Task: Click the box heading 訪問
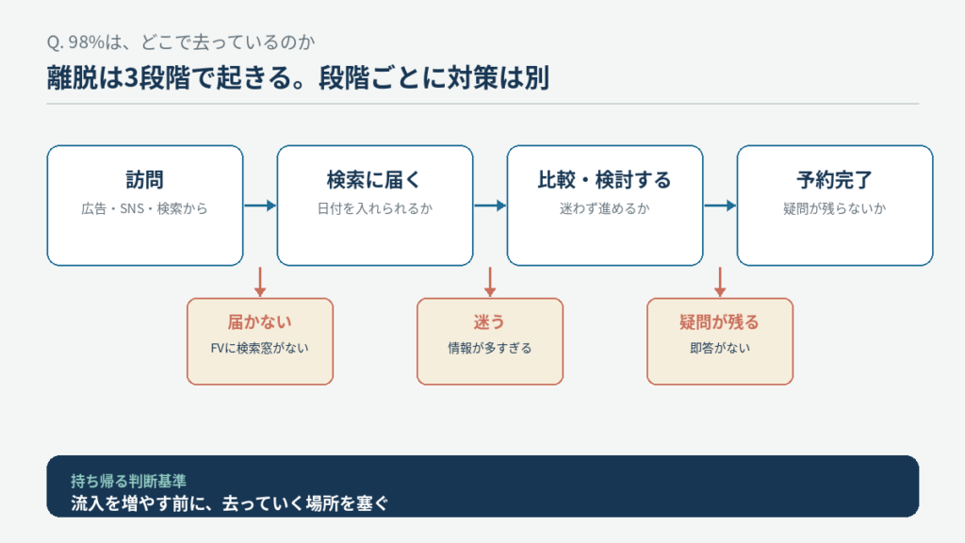pos(144,180)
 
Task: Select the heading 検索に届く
pos(374,180)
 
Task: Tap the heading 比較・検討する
pos(604,180)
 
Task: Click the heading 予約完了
pos(835,180)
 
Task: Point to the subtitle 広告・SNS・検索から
pos(144,208)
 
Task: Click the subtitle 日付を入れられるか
pos(374,208)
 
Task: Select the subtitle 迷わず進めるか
pos(604,208)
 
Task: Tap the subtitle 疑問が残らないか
pos(835,208)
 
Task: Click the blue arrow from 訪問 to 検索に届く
pos(260,206)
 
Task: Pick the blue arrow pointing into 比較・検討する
pos(490,206)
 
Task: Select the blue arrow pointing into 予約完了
pos(720,206)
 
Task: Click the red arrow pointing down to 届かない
pos(260,282)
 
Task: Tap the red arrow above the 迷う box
pos(490,282)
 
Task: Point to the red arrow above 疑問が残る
pos(720,282)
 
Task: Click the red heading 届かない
pos(260,322)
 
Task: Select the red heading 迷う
pos(490,322)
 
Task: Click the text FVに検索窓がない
pos(260,349)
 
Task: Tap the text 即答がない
pos(720,349)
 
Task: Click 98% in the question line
pos(86,41)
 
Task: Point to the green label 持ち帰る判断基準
pos(128,481)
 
